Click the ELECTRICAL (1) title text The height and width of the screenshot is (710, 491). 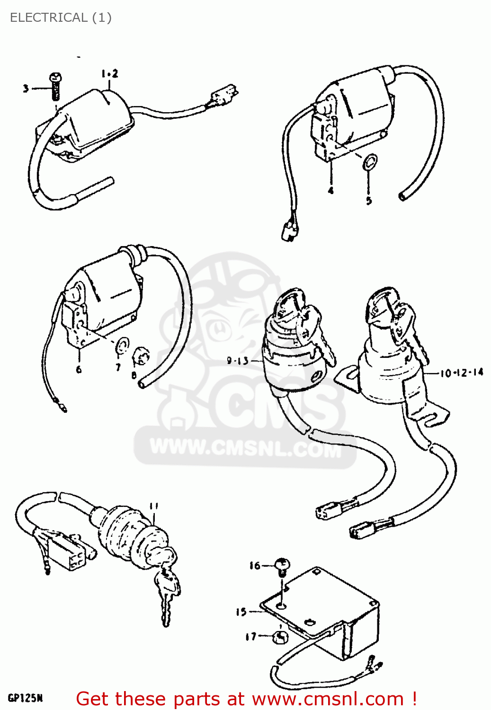tap(61, 18)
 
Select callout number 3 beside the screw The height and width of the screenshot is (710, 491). tap(26, 88)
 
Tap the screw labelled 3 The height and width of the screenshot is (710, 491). tap(55, 86)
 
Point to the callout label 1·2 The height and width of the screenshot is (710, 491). tap(109, 73)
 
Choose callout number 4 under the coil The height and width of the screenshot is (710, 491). tap(330, 190)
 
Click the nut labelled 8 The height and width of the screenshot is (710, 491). tap(141, 356)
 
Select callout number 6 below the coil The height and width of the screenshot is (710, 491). tap(79, 369)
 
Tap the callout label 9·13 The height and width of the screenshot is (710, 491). tap(238, 361)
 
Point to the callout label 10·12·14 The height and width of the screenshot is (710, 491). tap(462, 373)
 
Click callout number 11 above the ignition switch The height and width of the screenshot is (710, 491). tap(153, 506)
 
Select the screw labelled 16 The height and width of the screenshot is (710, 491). tap(283, 565)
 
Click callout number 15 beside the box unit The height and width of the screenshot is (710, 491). tap(241, 612)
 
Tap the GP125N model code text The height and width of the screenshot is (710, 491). tap(25, 698)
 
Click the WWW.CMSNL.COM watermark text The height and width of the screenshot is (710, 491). tap(245, 447)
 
